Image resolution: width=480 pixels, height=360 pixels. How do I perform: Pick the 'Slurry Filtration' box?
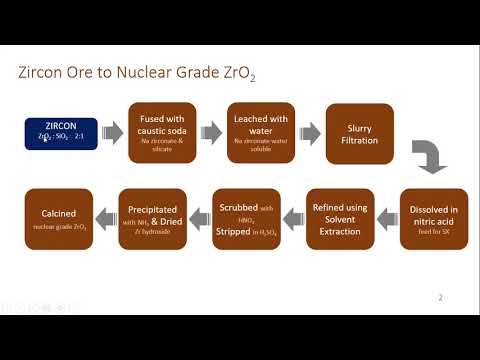click(360, 134)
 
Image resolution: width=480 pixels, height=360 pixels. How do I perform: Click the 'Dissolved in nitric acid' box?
click(434, 218)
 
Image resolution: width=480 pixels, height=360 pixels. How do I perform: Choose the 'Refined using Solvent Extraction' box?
click(340, 218)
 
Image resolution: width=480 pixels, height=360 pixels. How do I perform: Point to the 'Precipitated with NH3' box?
click(152, 218)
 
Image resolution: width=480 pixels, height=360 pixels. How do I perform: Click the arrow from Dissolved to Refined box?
click(388, 214)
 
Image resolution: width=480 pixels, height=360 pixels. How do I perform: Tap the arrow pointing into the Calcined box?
click(104, 214)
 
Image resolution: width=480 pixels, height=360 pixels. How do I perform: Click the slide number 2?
click(442, 297)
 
